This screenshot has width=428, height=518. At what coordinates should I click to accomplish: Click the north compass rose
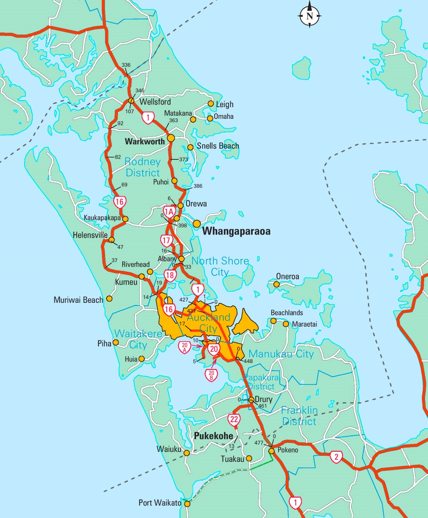(309, 16)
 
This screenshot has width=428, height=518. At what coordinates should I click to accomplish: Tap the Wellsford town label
(155, 102)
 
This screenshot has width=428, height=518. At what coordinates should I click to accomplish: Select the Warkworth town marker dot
(171, 138)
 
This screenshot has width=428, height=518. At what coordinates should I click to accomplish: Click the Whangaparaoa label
(236, 232)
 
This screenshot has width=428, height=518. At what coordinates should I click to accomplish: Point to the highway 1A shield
(169, 212)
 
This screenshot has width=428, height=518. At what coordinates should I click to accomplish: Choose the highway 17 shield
(166, 240)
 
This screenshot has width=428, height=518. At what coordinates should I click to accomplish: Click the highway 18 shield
(170, 275)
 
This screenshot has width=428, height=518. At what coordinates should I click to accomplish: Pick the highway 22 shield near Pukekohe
(234, 419)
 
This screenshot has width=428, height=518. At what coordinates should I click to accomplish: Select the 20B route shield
(211, 375)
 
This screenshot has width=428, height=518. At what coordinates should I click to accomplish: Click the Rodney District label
(143, 167)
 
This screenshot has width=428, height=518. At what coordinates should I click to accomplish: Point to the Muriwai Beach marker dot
(109, 298)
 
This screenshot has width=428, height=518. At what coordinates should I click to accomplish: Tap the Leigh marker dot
(211, 104)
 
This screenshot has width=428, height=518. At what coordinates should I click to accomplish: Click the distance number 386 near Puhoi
(198, 186)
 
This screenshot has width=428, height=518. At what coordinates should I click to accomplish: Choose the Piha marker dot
(115, 343)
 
